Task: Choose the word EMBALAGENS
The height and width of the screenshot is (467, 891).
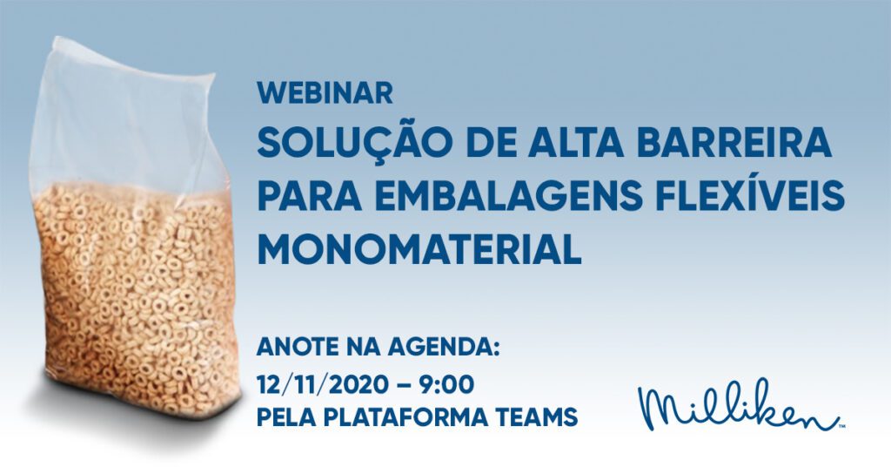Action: [x=508, y=195]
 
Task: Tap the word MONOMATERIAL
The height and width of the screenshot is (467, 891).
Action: [x=419, y=250]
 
